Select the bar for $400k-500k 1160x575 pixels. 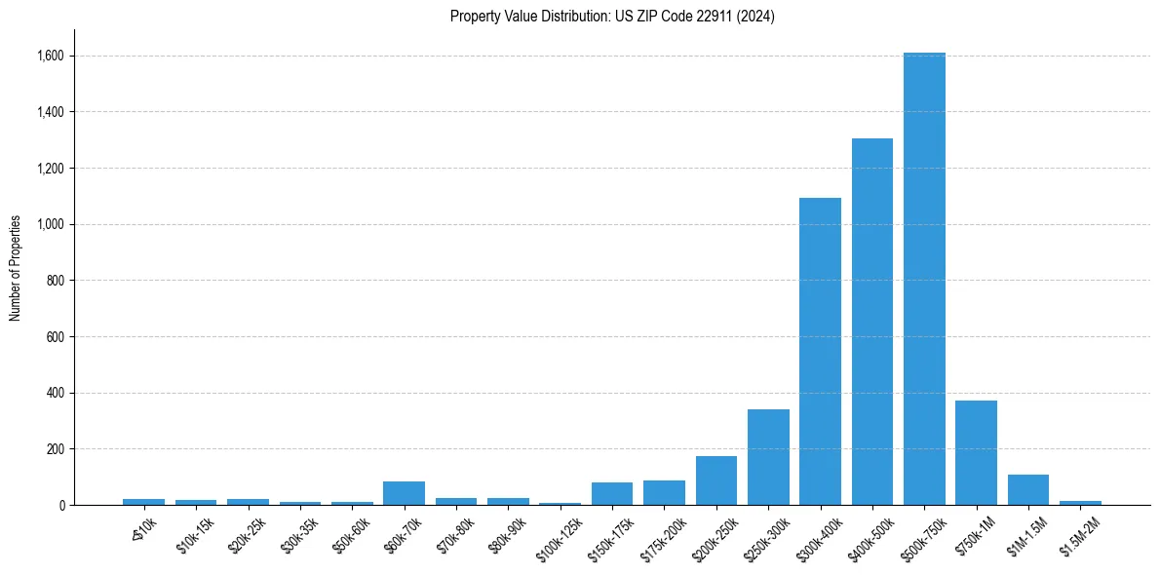[x=871, y=322]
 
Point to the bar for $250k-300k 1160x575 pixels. [x=768, y=457]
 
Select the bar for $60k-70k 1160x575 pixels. [x=404, y=493]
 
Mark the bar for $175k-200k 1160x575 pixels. [x=664, y=492]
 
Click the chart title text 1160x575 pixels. [x=612, y=17]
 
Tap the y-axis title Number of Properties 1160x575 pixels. [x=16, y=268]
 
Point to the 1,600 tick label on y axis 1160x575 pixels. [x=50, y=57]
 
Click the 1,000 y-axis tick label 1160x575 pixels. [x=50, y=225]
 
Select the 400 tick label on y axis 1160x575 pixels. [x=55, y=394]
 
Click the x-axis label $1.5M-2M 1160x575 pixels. [x=1077, y=534]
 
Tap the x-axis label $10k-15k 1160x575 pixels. [x=195, y=534]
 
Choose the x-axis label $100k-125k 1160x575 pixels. [x=558, y=536]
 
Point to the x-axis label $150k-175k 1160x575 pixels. [x=610, y=536]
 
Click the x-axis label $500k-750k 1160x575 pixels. [x=921, y=536]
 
